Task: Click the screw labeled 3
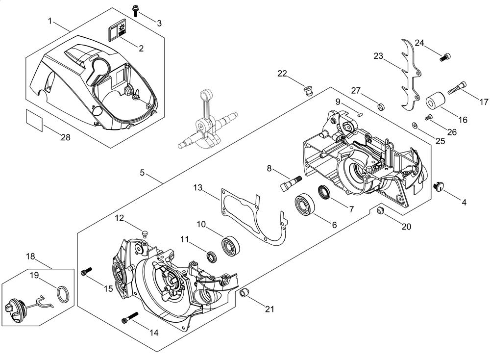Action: [x=136, y=11]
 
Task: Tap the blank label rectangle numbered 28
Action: [x=34, y=120]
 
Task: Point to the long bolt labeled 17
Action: [x=458, y=87]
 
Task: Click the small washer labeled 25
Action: [x=415, y=125]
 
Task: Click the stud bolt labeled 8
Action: [x=290, y=183]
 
